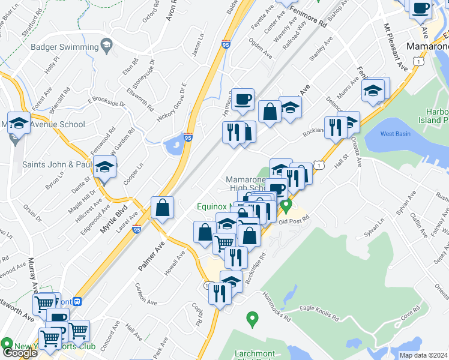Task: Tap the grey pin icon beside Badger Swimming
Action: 107,44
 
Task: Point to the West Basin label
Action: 395,133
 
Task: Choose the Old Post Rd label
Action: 293,220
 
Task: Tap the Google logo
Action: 20,353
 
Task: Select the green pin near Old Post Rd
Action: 286,206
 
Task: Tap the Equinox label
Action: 214,208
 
